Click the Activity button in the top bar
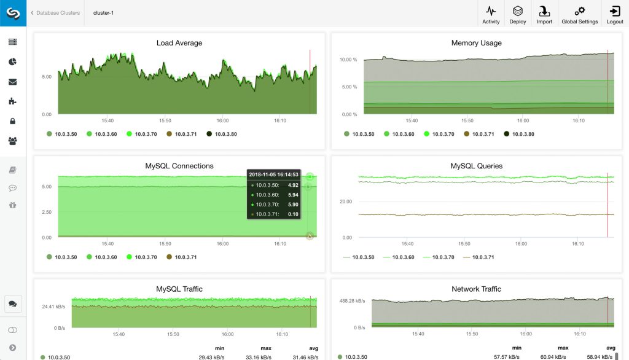coord(491,14)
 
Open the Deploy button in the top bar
coord(518,14)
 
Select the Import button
coord(544,14)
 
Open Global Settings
coord(579,14)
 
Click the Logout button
coord(614,14)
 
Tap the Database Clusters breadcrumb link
coord(58,12)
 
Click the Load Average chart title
coord(179,43)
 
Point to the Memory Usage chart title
coord(476,43)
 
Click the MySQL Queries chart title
coord(476,166)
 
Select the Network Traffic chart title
coord(476,289)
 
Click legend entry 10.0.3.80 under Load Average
coord(222,134)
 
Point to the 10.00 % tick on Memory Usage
coord(348,60)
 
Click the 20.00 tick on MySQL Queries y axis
coord(345,202)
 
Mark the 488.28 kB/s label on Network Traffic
coord(352,301)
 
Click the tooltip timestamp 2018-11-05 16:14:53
coord(273,174)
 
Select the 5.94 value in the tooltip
coord(293,194)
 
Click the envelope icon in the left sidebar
coord(12,82)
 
